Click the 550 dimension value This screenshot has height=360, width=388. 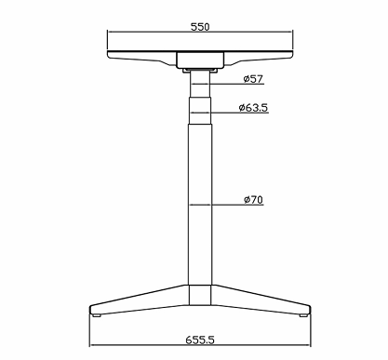click(200, 27)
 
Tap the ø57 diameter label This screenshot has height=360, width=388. click(253, 79)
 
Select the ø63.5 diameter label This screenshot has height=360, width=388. click(253, 108)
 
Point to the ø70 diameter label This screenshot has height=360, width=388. click(253, 200)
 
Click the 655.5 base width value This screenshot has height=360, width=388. click(200, 340)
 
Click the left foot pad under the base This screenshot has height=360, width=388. click(97, 315)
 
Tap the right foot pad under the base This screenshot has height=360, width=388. click(303, 315)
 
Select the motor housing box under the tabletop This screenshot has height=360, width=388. click(200, 60)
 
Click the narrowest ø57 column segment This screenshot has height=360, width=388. click(200, 84)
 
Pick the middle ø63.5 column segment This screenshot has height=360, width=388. click(200, 111)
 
